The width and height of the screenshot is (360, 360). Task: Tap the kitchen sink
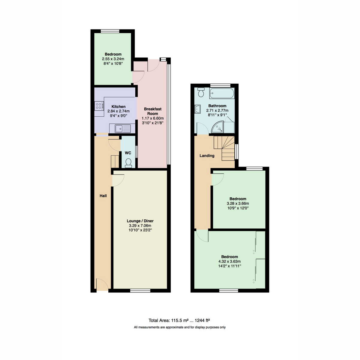pyautogui.click(x=123, y=128)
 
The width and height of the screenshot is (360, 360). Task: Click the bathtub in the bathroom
pyautogui.click(x=222, y=93)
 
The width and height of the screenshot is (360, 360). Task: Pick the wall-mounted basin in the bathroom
pyautogui.click(x=197, y=109)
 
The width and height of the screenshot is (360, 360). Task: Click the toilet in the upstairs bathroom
pyautogui.click(x=201, y=92)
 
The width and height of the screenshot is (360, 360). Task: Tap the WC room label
pyautogui.click(x=128, y=153)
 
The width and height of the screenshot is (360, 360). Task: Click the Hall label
pyautogui.click(x=103, y=196)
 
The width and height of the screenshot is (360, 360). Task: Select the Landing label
pyautogui.click(x=207, y=156)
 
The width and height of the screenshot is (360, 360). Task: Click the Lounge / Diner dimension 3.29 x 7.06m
pyautogui.click(x=140, y=226)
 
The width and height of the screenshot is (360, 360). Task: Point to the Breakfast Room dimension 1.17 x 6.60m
pyautogui.click(x=153, y=118)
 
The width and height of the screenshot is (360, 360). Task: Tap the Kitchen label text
pyautogui.click(x=118, y=107)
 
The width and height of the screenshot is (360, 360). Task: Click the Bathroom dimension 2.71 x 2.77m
pyautogui.click(x=217, y=110)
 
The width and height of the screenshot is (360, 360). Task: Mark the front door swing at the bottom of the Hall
pyautogui.click(x=102, y=284)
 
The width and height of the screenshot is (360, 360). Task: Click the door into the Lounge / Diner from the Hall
pyautogui.click(x=118, y=180)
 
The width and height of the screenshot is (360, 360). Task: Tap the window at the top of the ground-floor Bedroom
pyautogui.click(x=110, y=31)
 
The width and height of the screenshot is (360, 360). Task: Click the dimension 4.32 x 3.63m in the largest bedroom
pyautogui.click(x=229, y=261)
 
